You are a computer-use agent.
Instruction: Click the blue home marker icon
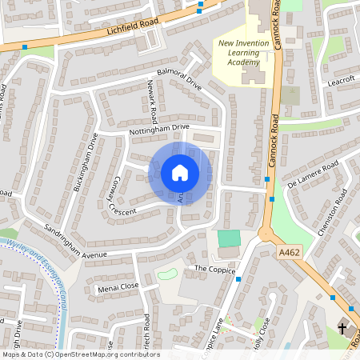180,172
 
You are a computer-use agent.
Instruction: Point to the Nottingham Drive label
159,127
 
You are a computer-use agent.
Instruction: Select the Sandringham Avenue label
76,242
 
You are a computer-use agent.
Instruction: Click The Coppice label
211,268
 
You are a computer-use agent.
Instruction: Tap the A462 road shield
290,253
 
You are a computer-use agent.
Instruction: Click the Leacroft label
341,79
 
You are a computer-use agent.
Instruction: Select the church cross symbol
343,328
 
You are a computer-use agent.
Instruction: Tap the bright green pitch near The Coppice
229,238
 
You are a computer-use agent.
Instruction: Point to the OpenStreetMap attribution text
80,354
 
